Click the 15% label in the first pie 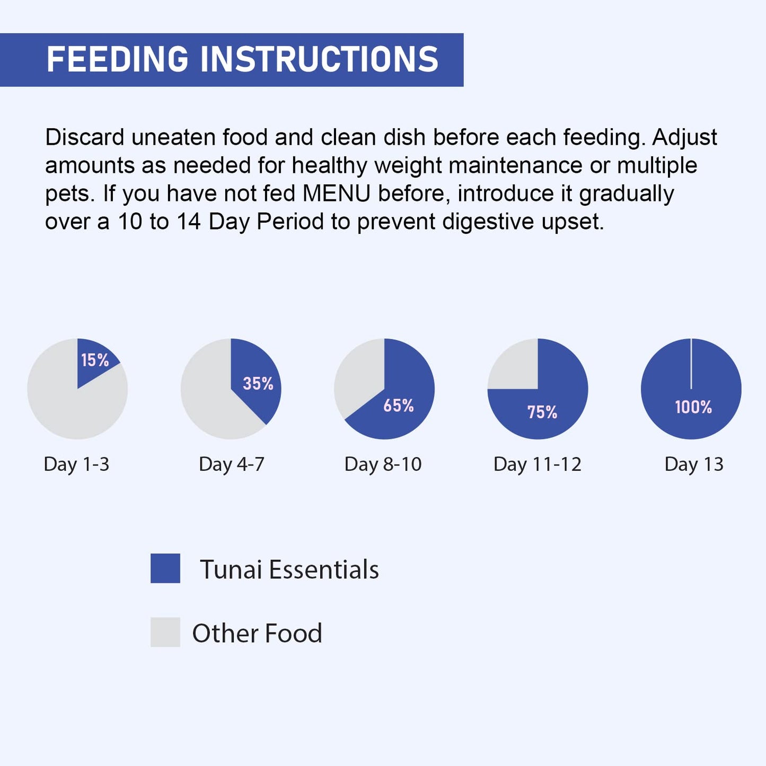pyautogui.click(x=95, y=360)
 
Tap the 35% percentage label pyautogui.click(x=258, y=383)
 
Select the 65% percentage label pyautogui.click(x=399, y=406)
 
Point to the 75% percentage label pyautogui.click(x=542, y=412)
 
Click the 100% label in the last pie pyautogui.click(x=693, y=407)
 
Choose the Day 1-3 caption pyautogui.click(x=76, y=464)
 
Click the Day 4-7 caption pyautogui.click(x=232, y=464)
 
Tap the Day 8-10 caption pyautogui.click(x=383, y=464)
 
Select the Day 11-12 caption pyautogui.click(x=538, y=464)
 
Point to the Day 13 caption pyautogui.click(x=694, y=464)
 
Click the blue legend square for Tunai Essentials pyautogui.click(x=165, y=568)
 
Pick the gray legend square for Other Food pyautogui.click(x=165, y=632)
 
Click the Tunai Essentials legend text pyautogui.click(x=289, y=570)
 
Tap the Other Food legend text pyautogui.click(x=257, y=633)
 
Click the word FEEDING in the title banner pyautogui.click(x=117, y=59)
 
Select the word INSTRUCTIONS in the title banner pyautogui.click(x=319, y=59)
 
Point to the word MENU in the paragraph pyautogui.click(x=336, y=193)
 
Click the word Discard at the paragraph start pyautogui.click(x=84, y=137)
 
